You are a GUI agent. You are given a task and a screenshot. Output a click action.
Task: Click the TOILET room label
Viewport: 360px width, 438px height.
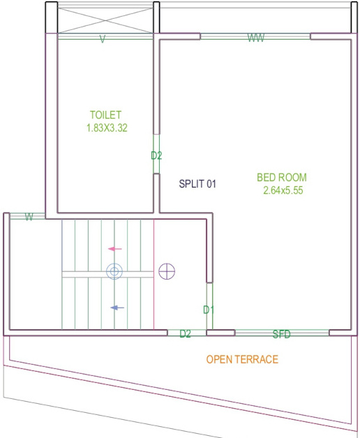[106, 115]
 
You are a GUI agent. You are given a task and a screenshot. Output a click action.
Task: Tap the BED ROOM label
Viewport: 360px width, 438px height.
[282, 177]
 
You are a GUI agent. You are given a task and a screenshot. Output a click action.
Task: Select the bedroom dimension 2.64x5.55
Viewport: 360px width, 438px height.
[282, 190]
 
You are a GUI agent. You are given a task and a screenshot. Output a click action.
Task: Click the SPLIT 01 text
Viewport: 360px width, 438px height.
[198, 184]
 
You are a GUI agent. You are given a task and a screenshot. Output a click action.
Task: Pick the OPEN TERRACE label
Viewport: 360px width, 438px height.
[242, 360]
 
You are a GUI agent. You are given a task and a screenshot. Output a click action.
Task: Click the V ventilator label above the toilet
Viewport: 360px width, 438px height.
[103, 40]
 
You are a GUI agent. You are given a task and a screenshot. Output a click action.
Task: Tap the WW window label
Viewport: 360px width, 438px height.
[255, 39]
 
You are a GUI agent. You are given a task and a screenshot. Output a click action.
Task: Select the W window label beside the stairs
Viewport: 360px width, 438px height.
[29, 217]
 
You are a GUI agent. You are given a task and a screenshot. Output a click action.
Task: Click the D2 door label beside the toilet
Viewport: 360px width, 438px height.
[156, 156]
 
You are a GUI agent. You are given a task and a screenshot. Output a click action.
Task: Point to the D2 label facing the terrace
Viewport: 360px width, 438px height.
[185, 334]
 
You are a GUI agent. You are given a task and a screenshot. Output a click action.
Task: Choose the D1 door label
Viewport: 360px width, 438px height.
[208, 309]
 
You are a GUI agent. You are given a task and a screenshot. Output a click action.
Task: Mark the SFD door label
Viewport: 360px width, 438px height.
[281, 334]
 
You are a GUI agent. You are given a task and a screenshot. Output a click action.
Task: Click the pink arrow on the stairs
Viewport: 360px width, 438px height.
[115, 249]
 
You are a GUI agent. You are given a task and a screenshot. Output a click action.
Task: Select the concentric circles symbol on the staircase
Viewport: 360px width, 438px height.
[114, 271]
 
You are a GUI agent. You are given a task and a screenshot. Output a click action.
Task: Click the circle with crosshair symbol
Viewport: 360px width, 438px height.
[167, 271]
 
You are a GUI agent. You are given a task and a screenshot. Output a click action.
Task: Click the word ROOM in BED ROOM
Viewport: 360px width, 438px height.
[292, 177]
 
